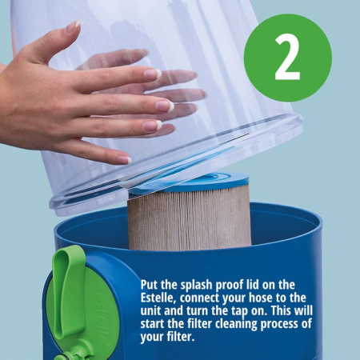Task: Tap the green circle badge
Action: tap(288, 58)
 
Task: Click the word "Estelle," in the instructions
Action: tap(158, 298)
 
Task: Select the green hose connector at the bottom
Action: tap(74, 354)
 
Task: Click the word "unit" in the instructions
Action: tap(150, 311)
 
